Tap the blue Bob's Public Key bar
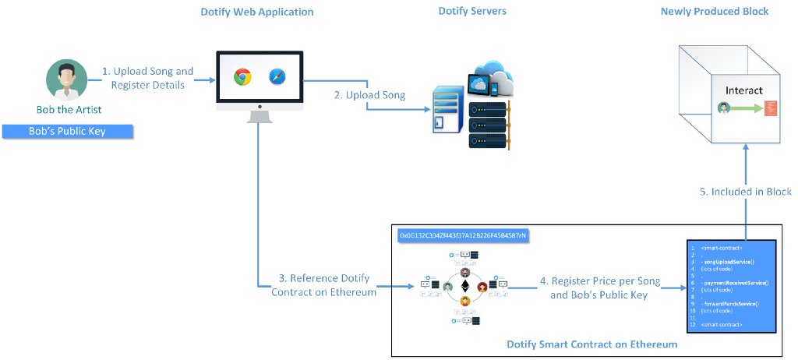tap(67, 132)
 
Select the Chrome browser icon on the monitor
tap(242, 76)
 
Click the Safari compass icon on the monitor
tap(278, 76)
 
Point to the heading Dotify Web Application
tap(257, 12)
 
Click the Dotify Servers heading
tap(472, 12)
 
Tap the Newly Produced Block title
tap(715, 12)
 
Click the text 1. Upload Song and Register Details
tap(148, 78)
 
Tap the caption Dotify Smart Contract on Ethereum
tap(591, 344)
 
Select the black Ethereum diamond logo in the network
tap(465, 286)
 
